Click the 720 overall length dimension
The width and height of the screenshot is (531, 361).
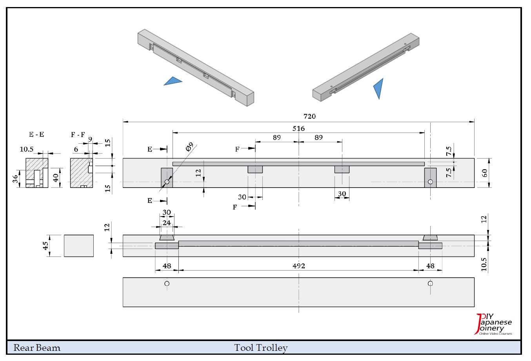(309, 116)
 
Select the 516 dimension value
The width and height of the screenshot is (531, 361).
(298, 128)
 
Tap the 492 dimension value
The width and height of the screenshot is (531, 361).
(298, 266)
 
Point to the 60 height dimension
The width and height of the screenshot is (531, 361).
(485, 173)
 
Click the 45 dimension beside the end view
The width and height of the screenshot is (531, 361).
(46, 245)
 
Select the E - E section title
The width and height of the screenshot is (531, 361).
(36, 135)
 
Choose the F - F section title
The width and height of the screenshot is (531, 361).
(78, 135)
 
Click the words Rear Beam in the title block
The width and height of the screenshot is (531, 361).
(37, 348)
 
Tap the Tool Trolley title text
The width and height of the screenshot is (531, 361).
(261, 348)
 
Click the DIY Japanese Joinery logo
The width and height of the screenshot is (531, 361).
(494, 325)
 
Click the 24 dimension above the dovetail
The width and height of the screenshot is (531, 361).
(167, 223)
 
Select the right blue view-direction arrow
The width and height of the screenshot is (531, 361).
(378, 88)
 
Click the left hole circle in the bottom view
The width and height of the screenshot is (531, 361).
(167, 283)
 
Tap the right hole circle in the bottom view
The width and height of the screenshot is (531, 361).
(430, 283)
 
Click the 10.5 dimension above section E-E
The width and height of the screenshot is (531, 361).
(27, 149)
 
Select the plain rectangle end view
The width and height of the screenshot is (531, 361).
(79, 245)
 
